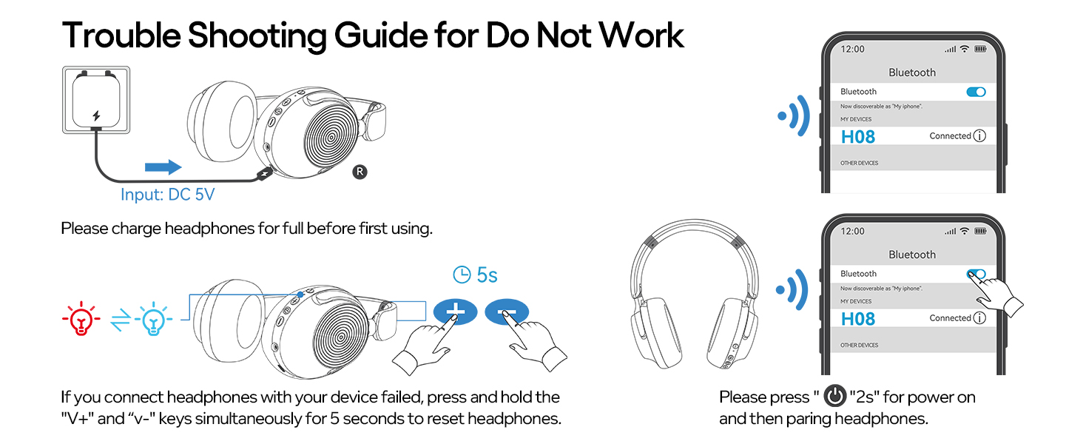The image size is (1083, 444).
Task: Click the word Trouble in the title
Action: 118,35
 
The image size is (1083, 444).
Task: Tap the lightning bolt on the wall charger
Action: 95,116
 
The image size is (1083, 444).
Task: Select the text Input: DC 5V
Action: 167,195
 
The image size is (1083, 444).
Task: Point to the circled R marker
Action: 360,172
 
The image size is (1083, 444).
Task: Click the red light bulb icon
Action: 81,318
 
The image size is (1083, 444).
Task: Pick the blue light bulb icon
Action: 152,318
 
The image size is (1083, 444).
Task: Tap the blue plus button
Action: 455,312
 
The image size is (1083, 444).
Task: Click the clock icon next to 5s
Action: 462,275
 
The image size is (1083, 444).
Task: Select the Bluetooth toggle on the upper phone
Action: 976,92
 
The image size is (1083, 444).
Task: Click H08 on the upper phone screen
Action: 858,137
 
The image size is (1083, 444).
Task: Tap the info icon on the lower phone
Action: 979,318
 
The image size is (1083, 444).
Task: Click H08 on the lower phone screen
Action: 858,319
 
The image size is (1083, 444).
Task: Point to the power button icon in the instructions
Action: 835,397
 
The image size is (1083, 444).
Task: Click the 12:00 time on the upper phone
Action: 853,49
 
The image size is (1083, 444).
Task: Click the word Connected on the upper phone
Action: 950,136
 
